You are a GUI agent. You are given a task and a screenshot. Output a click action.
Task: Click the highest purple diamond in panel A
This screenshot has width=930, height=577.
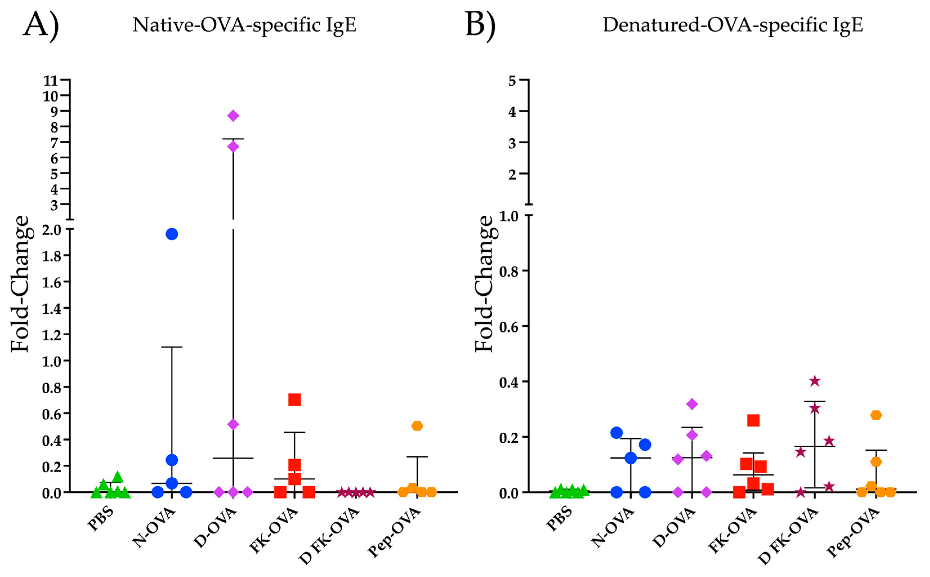(x=233, y=116)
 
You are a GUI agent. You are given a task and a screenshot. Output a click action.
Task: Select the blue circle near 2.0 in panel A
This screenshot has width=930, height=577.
(x=172, y=234)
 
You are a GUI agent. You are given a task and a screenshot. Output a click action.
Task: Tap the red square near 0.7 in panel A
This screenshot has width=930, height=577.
(x=294, y=399)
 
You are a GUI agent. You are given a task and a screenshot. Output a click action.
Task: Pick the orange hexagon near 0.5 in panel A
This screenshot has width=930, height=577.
(x=417, y=425)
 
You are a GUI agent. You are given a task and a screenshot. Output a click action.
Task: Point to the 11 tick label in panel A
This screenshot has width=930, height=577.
(x=50, y=80)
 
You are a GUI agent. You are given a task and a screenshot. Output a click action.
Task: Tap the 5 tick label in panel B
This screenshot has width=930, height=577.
(x=512, y=80)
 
